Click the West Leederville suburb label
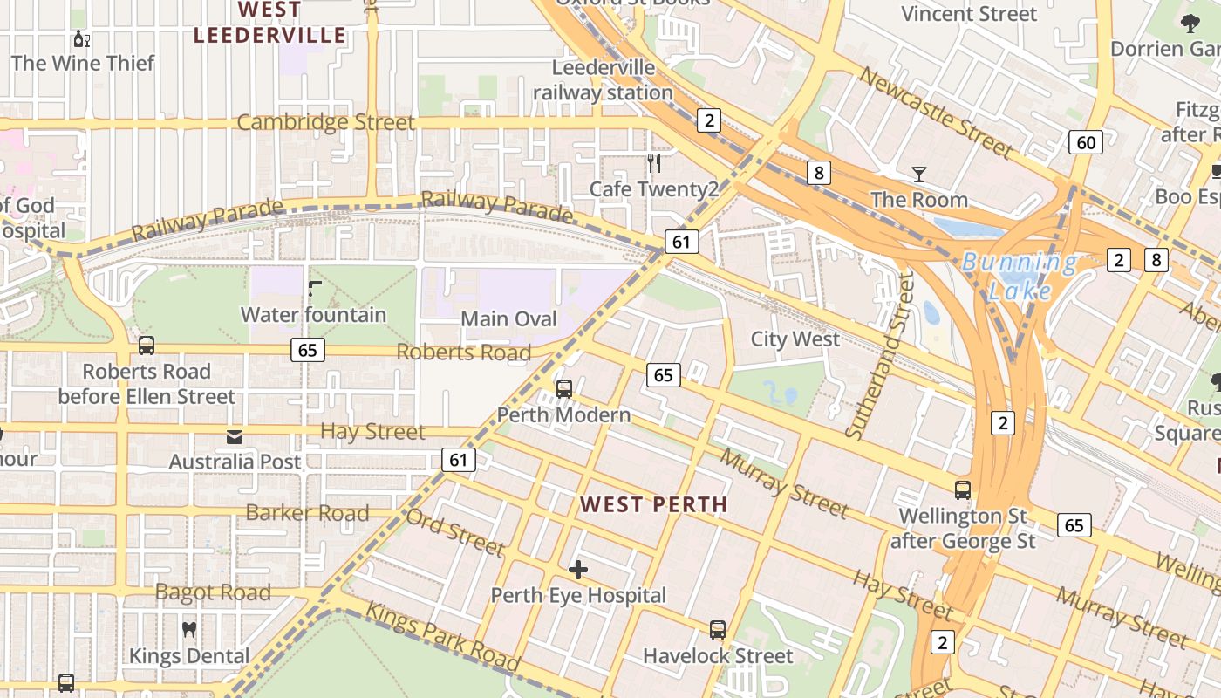[269, 23]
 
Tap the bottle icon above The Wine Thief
[82, 38]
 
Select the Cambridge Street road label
[325, 122]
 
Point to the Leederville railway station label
[603, 79]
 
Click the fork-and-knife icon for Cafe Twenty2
[654, 163]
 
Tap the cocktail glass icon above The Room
[918, 174]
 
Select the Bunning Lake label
[1019, 276]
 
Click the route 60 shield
[1086, 142]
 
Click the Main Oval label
[508, 318]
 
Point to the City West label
[795, 339]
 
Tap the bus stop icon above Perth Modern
[564, 388]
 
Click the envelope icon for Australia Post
[235, 436]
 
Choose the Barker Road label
[307, 512]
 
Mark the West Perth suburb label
[653, 504]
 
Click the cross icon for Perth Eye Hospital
[577, 570]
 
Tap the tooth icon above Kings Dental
[189, 629]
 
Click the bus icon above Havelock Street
[718, 629]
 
